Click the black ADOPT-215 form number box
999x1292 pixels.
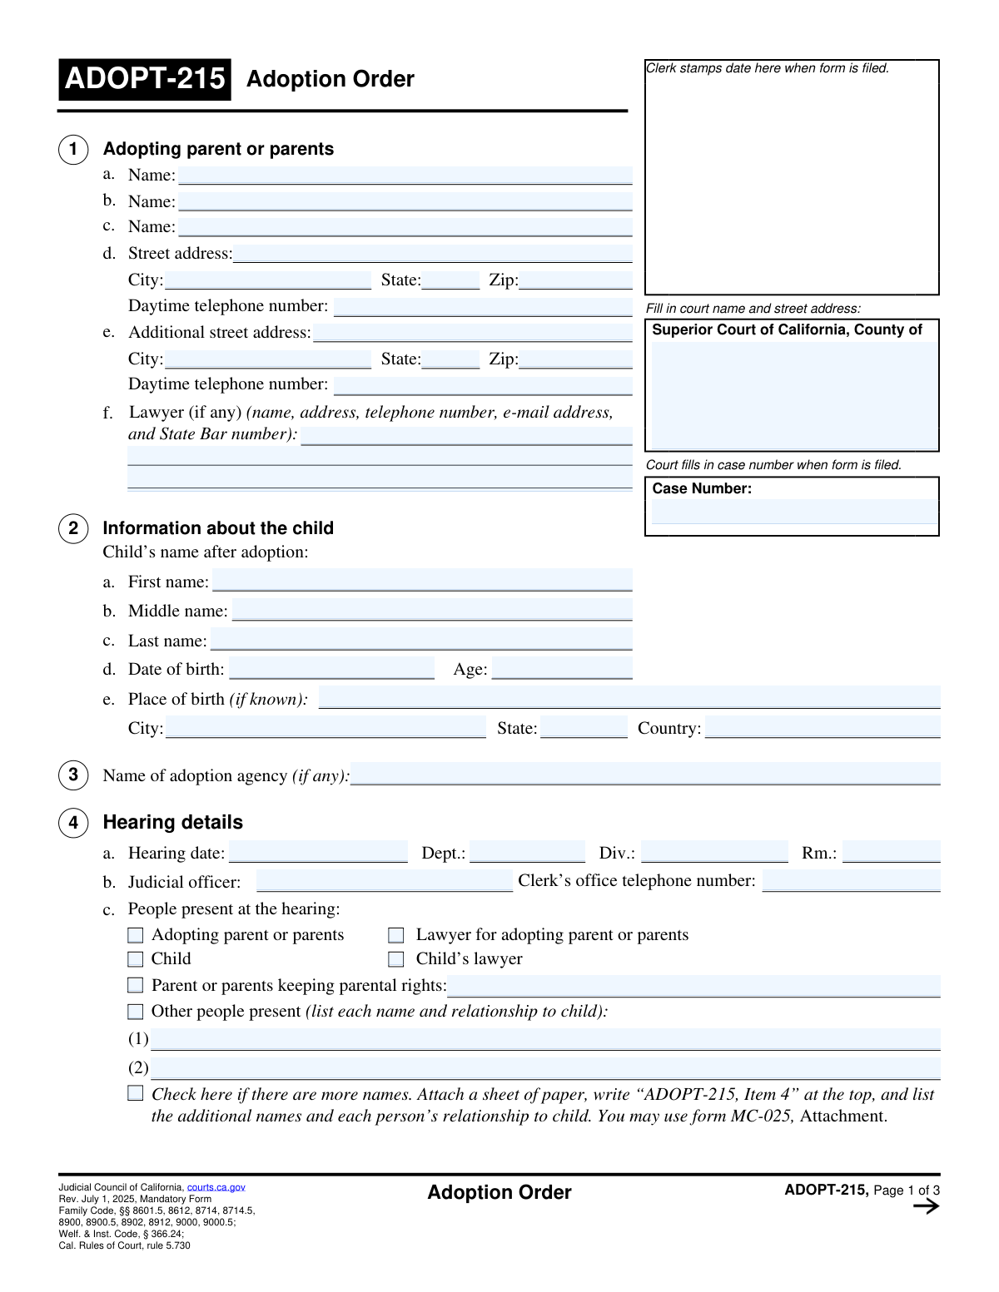coord(145,79)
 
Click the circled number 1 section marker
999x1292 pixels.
coord(73,149)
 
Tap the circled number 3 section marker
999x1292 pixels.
coord(73,775)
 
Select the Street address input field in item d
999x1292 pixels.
coord(432,253)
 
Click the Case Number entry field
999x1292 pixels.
coord(793,511)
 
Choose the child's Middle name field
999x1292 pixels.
coord(432,610)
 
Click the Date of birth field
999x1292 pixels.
coord(331,668)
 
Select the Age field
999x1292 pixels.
coord(562,668)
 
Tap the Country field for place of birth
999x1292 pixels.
coord(823,727)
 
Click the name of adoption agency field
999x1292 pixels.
coord(645,774)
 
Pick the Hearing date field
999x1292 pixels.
coord(318,852)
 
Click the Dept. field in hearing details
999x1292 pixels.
coord(527,852)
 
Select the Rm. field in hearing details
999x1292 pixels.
coord(891,852)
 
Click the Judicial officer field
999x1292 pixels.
coord(385,881)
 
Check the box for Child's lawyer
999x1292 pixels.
coord(396,959)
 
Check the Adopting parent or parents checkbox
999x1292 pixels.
coord(136,935)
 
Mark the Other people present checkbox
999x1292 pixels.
coord(136,1012)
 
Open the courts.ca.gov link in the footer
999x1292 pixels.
coord(216,1187)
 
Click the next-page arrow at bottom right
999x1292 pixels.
coord(926,1206)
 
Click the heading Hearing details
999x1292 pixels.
coord(172,822)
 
